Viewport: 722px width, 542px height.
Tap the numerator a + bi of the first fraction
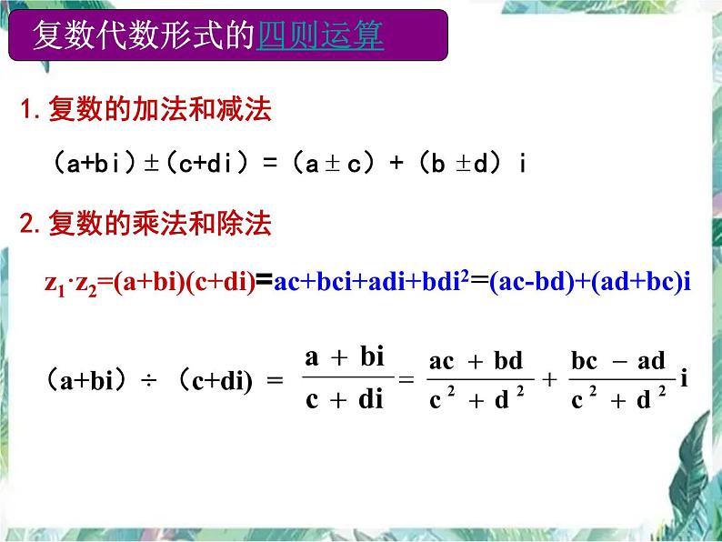pos(346,357)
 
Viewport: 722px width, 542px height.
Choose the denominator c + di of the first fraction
pos(346,398)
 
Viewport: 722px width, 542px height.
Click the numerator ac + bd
pos(476,360)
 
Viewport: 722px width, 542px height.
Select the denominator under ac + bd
pos(476,398)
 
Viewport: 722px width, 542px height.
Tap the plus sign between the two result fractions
pos(548,380)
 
